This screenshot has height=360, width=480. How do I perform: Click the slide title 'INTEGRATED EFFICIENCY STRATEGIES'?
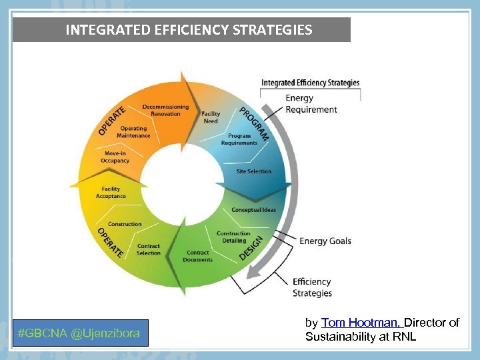tap(188, 30)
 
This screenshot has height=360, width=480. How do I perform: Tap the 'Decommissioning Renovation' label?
tap(165, 110)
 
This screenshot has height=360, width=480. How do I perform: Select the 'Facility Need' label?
tap(211, 117)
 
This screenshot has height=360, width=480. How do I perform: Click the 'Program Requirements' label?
tap(239, 139)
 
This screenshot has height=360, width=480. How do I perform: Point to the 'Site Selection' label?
tap(254, 171)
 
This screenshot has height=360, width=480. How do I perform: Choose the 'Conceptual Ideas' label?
tap(253, 210)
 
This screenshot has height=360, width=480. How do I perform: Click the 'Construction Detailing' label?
tap(233, 237)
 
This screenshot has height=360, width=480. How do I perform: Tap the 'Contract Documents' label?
tap(198, 256)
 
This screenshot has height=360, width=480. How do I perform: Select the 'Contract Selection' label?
tap(149, 249)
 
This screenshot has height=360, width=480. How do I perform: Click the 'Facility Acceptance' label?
tap(111, 193)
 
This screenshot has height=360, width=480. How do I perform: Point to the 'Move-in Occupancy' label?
tap(115, 157)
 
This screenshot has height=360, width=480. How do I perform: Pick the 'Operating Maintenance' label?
tap(133, 132)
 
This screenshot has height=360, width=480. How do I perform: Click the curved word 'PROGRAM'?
tap(255, 124)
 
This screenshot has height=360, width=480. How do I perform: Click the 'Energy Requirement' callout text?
tap(311, 104)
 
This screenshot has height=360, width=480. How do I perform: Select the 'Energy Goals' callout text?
tap(325, 241)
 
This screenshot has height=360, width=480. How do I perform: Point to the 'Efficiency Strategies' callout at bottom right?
tap(312, 287)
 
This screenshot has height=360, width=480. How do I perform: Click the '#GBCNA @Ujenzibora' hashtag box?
tap(80, 333)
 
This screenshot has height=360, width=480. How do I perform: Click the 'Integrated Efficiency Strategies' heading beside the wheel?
tap(310, 83)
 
